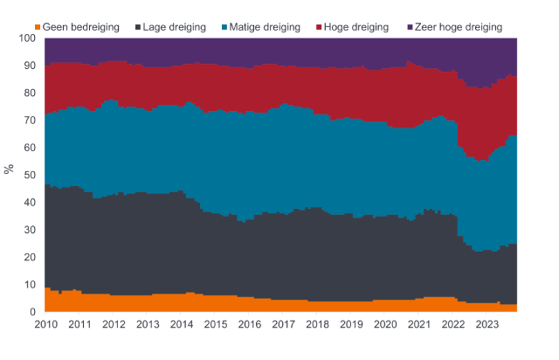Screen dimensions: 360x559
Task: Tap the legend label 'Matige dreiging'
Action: coord(266,28)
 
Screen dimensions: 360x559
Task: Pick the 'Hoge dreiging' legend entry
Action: coord(357,28)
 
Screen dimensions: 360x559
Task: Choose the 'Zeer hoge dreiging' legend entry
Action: coord(460,28)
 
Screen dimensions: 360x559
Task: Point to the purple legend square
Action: coord(410,28)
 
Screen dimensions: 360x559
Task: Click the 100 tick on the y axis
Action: coord(28,38)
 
